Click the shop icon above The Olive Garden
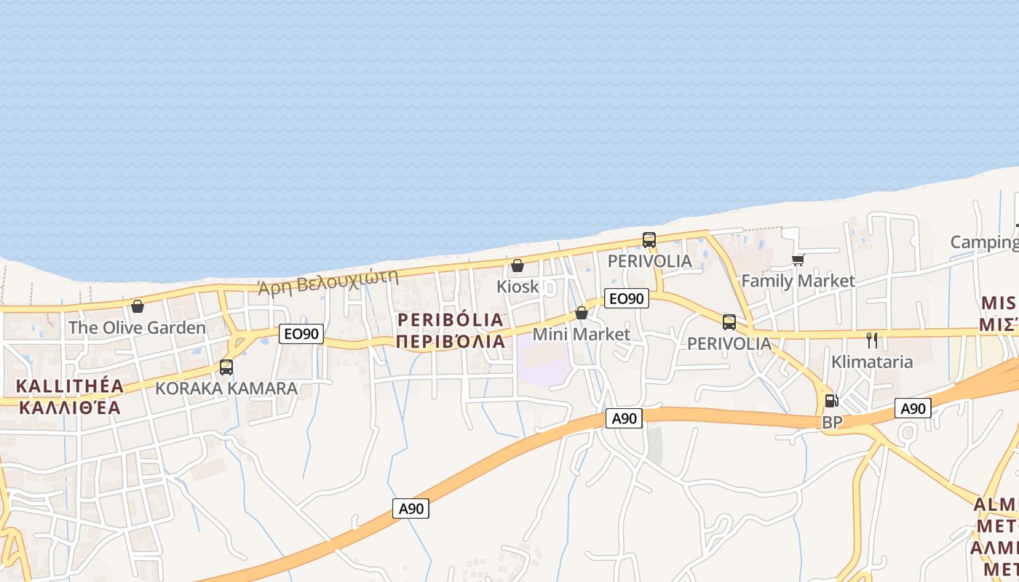[x=137, y=306]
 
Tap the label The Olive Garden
[x=137, y=327]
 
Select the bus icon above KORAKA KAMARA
[x=226, y=367]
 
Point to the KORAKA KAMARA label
[x=226, y=388]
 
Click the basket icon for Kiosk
[x=518, y=266]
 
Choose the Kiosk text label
[x=518, y=287]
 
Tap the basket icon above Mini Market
[x=582, y=313]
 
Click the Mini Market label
[x=582, y=334]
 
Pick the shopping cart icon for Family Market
[x=798, y=260]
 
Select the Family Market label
[x=798, y=281]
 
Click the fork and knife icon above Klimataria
[x=872, y=340]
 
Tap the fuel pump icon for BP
[x=831, y=400]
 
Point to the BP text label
[x=831, y=422]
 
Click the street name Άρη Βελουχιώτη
[x=329, y=282]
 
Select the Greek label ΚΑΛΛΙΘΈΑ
[x=69, y=407]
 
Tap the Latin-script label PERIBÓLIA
[x=451, y=319]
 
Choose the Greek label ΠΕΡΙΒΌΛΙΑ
[x=451, y=341]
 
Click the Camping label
[x=984, y=242]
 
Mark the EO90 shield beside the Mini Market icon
[x=626, y=298]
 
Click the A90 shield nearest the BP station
[x=913, y=409]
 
